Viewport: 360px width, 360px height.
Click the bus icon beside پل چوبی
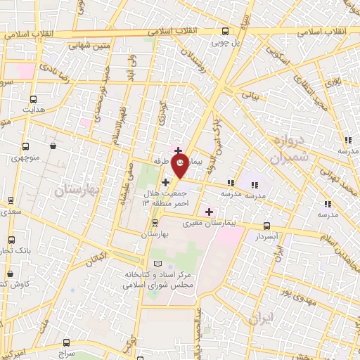(x=225, y=31)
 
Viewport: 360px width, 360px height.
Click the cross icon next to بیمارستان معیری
(x=209, y=212)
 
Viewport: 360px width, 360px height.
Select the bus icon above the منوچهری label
(x=26, y=147)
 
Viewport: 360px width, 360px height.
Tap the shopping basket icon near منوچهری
(x=54, y=146)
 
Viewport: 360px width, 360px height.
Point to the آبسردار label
(x=266, y=238)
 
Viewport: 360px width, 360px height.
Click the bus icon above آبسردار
(x=266, y=226)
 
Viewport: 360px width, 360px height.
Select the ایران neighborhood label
(x=259, y=318)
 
